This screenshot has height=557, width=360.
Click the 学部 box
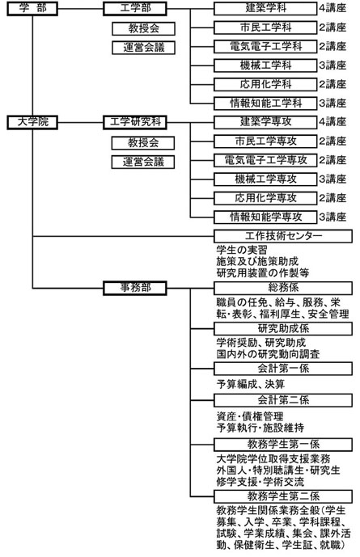click(x=32, y=9)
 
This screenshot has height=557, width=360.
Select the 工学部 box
click(x=135, y=9)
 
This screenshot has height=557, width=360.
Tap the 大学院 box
click(x=32, y=123)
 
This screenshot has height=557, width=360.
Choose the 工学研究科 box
click(x=135, y=123)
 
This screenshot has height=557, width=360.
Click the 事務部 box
click(x=135, y=288)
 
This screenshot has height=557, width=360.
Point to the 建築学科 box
click(x=265, y=9)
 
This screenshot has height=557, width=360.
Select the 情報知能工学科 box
click(x=265, y=103)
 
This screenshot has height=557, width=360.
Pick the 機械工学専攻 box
click(x=265, y=179)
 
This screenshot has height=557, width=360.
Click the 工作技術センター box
click(x=283, y=236)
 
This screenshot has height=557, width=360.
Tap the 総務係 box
click(x=283, y=288)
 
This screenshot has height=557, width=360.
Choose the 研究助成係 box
click(x=283, y=328)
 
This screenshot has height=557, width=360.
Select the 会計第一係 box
click(x=283, y=369)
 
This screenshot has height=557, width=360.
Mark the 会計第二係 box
click(x=283, y=400)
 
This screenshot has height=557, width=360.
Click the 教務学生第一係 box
click(x=283, y=445)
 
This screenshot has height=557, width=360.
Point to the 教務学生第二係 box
click(x=283, y=496)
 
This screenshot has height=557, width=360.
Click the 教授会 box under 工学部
click(x=143, y=29)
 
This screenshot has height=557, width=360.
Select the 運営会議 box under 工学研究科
click(x=143, y=162)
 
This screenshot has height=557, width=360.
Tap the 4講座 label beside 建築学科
click(x=332, y=8)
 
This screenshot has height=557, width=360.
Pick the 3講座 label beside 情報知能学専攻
click(x=332, y=217)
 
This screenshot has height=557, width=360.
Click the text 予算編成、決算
click(x=251, y=384)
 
